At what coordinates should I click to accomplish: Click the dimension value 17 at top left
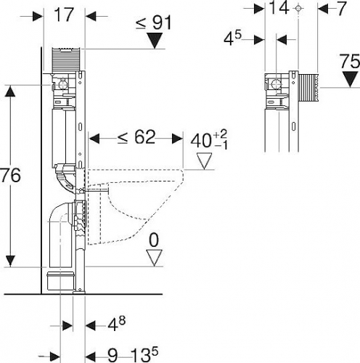pyautogui.click(x=64, y=15)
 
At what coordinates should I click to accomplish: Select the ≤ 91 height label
pyautogui.click(x=153, y=23)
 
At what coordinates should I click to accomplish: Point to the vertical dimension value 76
pyautogui.click(x=10, y=175)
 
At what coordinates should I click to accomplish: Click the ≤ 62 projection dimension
pyautogui.click(x=136, y=137)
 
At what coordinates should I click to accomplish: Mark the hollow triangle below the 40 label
pyautogui.click(x=205, y=161)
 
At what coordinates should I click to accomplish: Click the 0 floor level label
pyautogui.click(x=154, y=240)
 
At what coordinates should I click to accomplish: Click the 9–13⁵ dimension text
pyautogui.click(x=133, y=356)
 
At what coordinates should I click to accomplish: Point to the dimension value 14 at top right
pyautogui.click(x=279, y=8)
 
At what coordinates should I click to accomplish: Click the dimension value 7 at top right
pyautogui.click(x=341, y=8)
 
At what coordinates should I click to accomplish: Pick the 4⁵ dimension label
pyautogui.click(x=232, y=38)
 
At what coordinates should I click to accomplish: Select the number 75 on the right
pyautogui.click(x=350, y=62)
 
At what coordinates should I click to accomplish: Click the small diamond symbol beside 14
pyautogui.click(x=298, y=9)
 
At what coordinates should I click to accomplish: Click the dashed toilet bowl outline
pyautogui.click(x=136, y=206)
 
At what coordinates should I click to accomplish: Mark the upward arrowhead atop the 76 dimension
pyautogui.click(x=10, y=91)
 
